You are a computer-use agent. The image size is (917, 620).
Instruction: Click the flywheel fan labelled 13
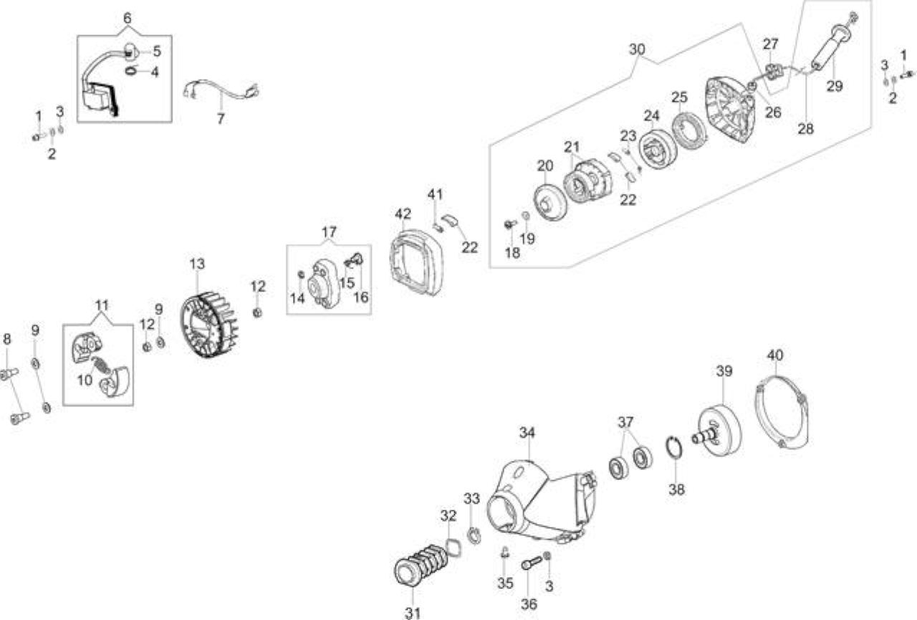click(208, 324)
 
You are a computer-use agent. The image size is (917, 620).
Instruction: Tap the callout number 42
click(403, 214)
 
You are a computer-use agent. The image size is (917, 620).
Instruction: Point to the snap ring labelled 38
click(674, 452)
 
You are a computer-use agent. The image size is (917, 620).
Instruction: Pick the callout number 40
click(775, 355)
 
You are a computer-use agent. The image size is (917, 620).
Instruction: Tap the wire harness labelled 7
click(221, 93)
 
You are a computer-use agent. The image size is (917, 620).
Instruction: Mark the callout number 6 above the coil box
click(128, 18)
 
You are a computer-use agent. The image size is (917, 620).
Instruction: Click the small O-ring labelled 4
click(131, 70)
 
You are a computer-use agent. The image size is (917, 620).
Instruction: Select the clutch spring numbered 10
click(101, 364)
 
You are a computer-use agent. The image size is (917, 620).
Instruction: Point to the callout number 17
click(329, 232)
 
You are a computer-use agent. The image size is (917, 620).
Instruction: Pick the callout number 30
click(637, 49)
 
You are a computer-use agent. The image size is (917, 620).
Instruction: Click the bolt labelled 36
click(532, 563)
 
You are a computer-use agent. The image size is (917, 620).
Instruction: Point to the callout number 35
click(505, 583)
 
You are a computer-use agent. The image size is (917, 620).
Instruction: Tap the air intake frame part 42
click(416, 262)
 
